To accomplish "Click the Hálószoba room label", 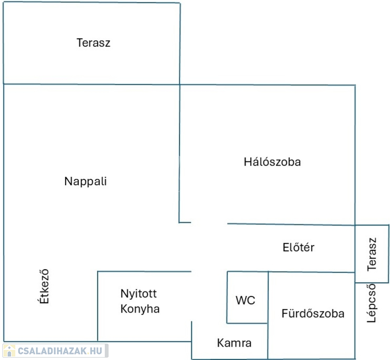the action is (272, 162).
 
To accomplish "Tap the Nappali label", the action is (86, 181).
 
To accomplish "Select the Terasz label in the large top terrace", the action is (93, 43).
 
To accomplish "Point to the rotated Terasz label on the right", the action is (372, 254).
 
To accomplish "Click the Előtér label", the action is (298, 247).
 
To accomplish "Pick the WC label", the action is (245, 300).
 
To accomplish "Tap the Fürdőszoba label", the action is (313, 314).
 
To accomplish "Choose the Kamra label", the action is (234, 343).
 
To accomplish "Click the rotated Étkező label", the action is (44, 286).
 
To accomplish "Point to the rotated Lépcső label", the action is (372, 303).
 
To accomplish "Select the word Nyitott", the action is (139, 294).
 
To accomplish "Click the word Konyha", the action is (140, 309).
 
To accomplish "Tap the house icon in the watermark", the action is (9, 351).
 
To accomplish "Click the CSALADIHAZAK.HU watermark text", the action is (60, 351).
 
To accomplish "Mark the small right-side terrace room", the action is (372, 254).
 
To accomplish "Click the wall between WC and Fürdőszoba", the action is (268, 298).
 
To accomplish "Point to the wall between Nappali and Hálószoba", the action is (180, 153).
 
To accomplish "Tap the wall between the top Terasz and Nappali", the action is (91, 84).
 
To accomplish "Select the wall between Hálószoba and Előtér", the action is (291, 225).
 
